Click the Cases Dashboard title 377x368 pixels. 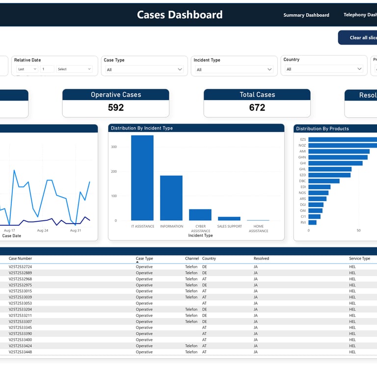180,15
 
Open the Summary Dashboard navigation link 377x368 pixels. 306,15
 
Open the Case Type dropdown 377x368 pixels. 144,70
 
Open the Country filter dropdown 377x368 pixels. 324,69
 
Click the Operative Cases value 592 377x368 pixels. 116,107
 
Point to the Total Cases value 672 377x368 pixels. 257,107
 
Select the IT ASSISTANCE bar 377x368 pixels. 142,178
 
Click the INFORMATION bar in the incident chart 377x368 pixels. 171,198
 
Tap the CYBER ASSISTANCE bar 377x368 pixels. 200,215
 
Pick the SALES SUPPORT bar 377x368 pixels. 229,218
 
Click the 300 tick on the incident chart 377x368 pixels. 114,147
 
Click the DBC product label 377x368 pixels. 302,181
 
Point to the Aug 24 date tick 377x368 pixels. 43,231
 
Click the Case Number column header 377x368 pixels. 20,259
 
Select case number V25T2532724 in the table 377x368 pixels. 20,267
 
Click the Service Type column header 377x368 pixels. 359,259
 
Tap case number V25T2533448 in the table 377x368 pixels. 20,352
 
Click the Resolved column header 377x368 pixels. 261,259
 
